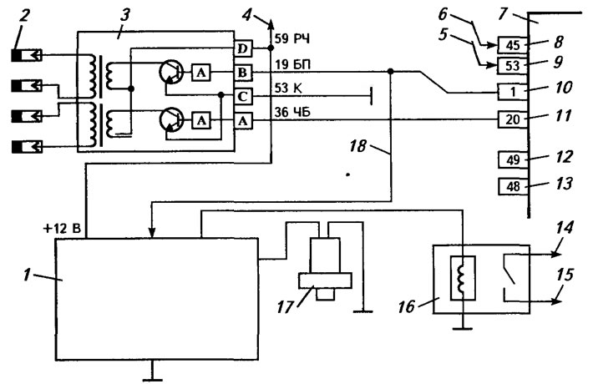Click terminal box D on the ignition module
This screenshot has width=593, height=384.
(243, 48)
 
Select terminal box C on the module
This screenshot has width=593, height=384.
(243, 97)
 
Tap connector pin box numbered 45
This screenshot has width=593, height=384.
(513, 45)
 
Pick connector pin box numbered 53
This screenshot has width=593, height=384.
(513, 66)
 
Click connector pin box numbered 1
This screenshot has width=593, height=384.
(513, 92)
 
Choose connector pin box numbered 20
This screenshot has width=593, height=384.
(513, 119)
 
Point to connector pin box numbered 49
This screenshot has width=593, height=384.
(513, 160)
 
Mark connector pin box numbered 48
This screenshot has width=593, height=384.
(513, 186)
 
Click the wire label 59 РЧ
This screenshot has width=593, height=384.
(292, 38)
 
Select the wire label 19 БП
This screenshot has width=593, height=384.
(292, 64)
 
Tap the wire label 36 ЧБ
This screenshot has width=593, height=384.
(292, 112)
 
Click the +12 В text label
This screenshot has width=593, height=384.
(63, 229)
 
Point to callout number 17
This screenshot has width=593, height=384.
(285, 307)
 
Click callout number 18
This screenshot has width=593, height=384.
(357, 146)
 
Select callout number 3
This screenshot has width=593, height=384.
(124, 15)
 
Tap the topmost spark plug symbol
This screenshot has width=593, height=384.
(28, 56)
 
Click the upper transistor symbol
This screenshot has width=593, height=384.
(171, 73)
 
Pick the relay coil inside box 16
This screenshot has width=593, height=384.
(462, 278)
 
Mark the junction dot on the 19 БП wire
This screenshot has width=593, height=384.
(391, 72)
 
